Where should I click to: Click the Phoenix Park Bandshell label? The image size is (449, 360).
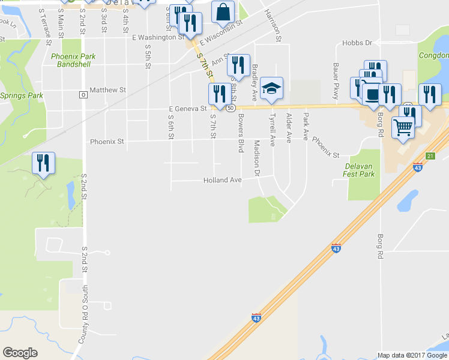tap(73, 59)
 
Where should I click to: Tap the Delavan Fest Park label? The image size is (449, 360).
tap(360, 169)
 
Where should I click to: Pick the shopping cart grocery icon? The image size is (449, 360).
tap(403, 127)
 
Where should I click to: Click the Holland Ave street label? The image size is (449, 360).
tap(222, 180)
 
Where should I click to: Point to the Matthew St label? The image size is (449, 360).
tap(107, 90)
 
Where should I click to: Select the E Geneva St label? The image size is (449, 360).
tap(187, 109)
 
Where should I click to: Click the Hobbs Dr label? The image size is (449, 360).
tap(357, 43)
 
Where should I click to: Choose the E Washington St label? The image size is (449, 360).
tap(157, 37)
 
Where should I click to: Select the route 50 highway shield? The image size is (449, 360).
tap(231, 108)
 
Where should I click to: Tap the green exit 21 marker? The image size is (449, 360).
tap(430, 156)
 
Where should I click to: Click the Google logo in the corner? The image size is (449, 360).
tap(20, 352)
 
